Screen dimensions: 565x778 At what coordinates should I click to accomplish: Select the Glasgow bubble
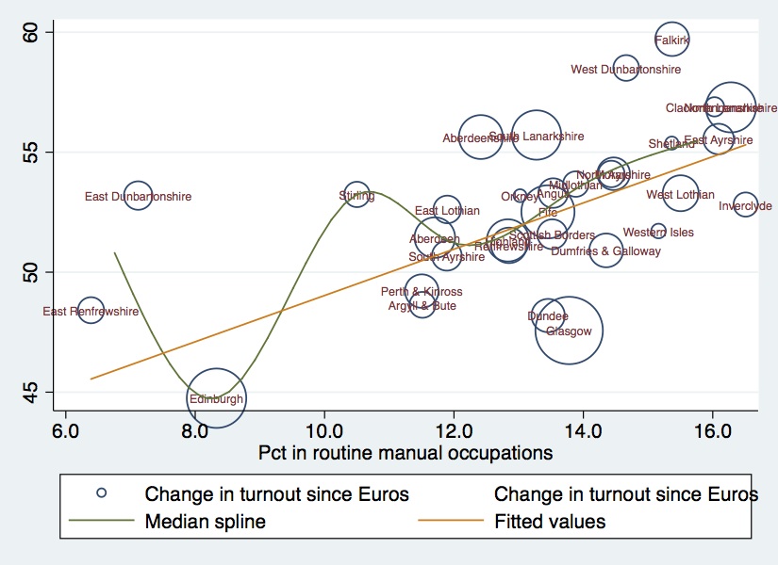(569, 330)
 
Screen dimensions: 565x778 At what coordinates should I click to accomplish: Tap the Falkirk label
(671, 40)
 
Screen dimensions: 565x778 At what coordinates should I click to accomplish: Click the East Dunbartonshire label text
(138, 197)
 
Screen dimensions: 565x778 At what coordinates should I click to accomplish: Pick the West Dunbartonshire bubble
(626, 68)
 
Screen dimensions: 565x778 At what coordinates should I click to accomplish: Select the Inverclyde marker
(745, 204)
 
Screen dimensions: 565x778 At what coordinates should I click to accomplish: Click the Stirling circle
(356, 196)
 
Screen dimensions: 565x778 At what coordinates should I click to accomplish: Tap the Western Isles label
(658, 233)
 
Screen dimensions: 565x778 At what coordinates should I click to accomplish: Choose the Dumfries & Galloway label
(606, 251)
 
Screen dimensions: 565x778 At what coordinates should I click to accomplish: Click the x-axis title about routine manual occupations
(406, 453)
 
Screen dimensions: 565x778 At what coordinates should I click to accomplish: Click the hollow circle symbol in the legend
(103, 492)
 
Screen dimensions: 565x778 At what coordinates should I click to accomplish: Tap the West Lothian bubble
(679, 194)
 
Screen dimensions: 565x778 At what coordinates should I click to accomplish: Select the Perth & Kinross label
(422, 292)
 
